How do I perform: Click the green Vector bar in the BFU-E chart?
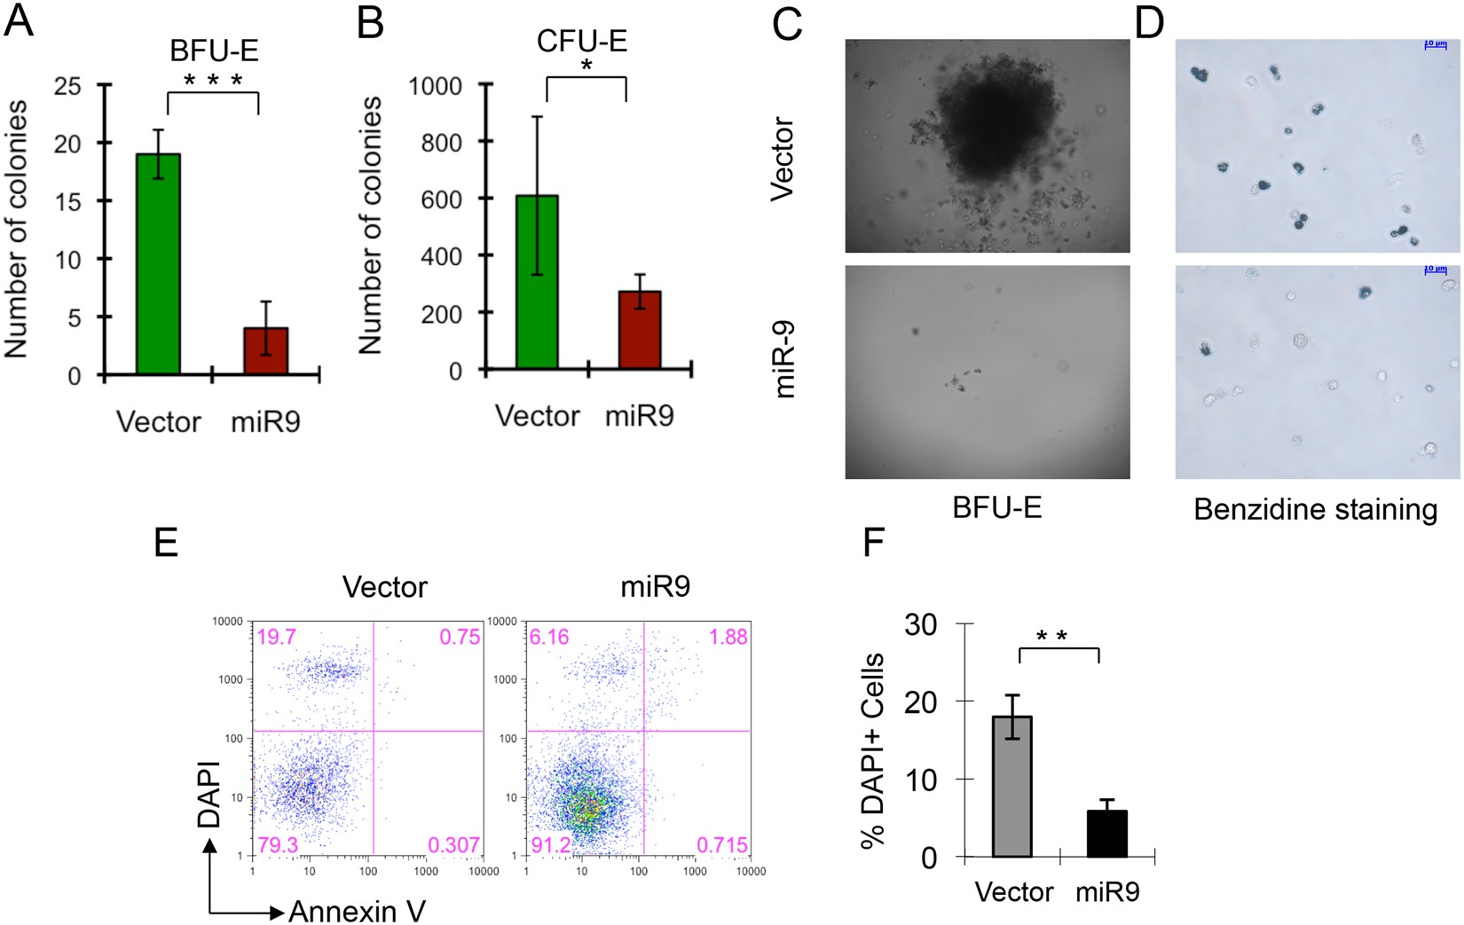(x=159, y=263)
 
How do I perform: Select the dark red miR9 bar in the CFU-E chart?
(x=640, y=330)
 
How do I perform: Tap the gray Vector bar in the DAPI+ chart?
(x=1012, y=787)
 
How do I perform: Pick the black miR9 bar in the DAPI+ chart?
(x=1107, y=834)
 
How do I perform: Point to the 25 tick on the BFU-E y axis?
(x=67, y=86)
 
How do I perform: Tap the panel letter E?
(x=166, y=541)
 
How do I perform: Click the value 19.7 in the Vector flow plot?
(x=276, y=637)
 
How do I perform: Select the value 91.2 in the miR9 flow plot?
(x=551, y=844)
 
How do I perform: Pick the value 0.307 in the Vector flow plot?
(x=454, y=845)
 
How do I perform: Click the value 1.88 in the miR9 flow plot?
(x=728, y=637)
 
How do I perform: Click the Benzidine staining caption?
(x=1315, y=510)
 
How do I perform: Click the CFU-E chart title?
(x=582, y=42)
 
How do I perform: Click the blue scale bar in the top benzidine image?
(x=1435, y=43)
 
